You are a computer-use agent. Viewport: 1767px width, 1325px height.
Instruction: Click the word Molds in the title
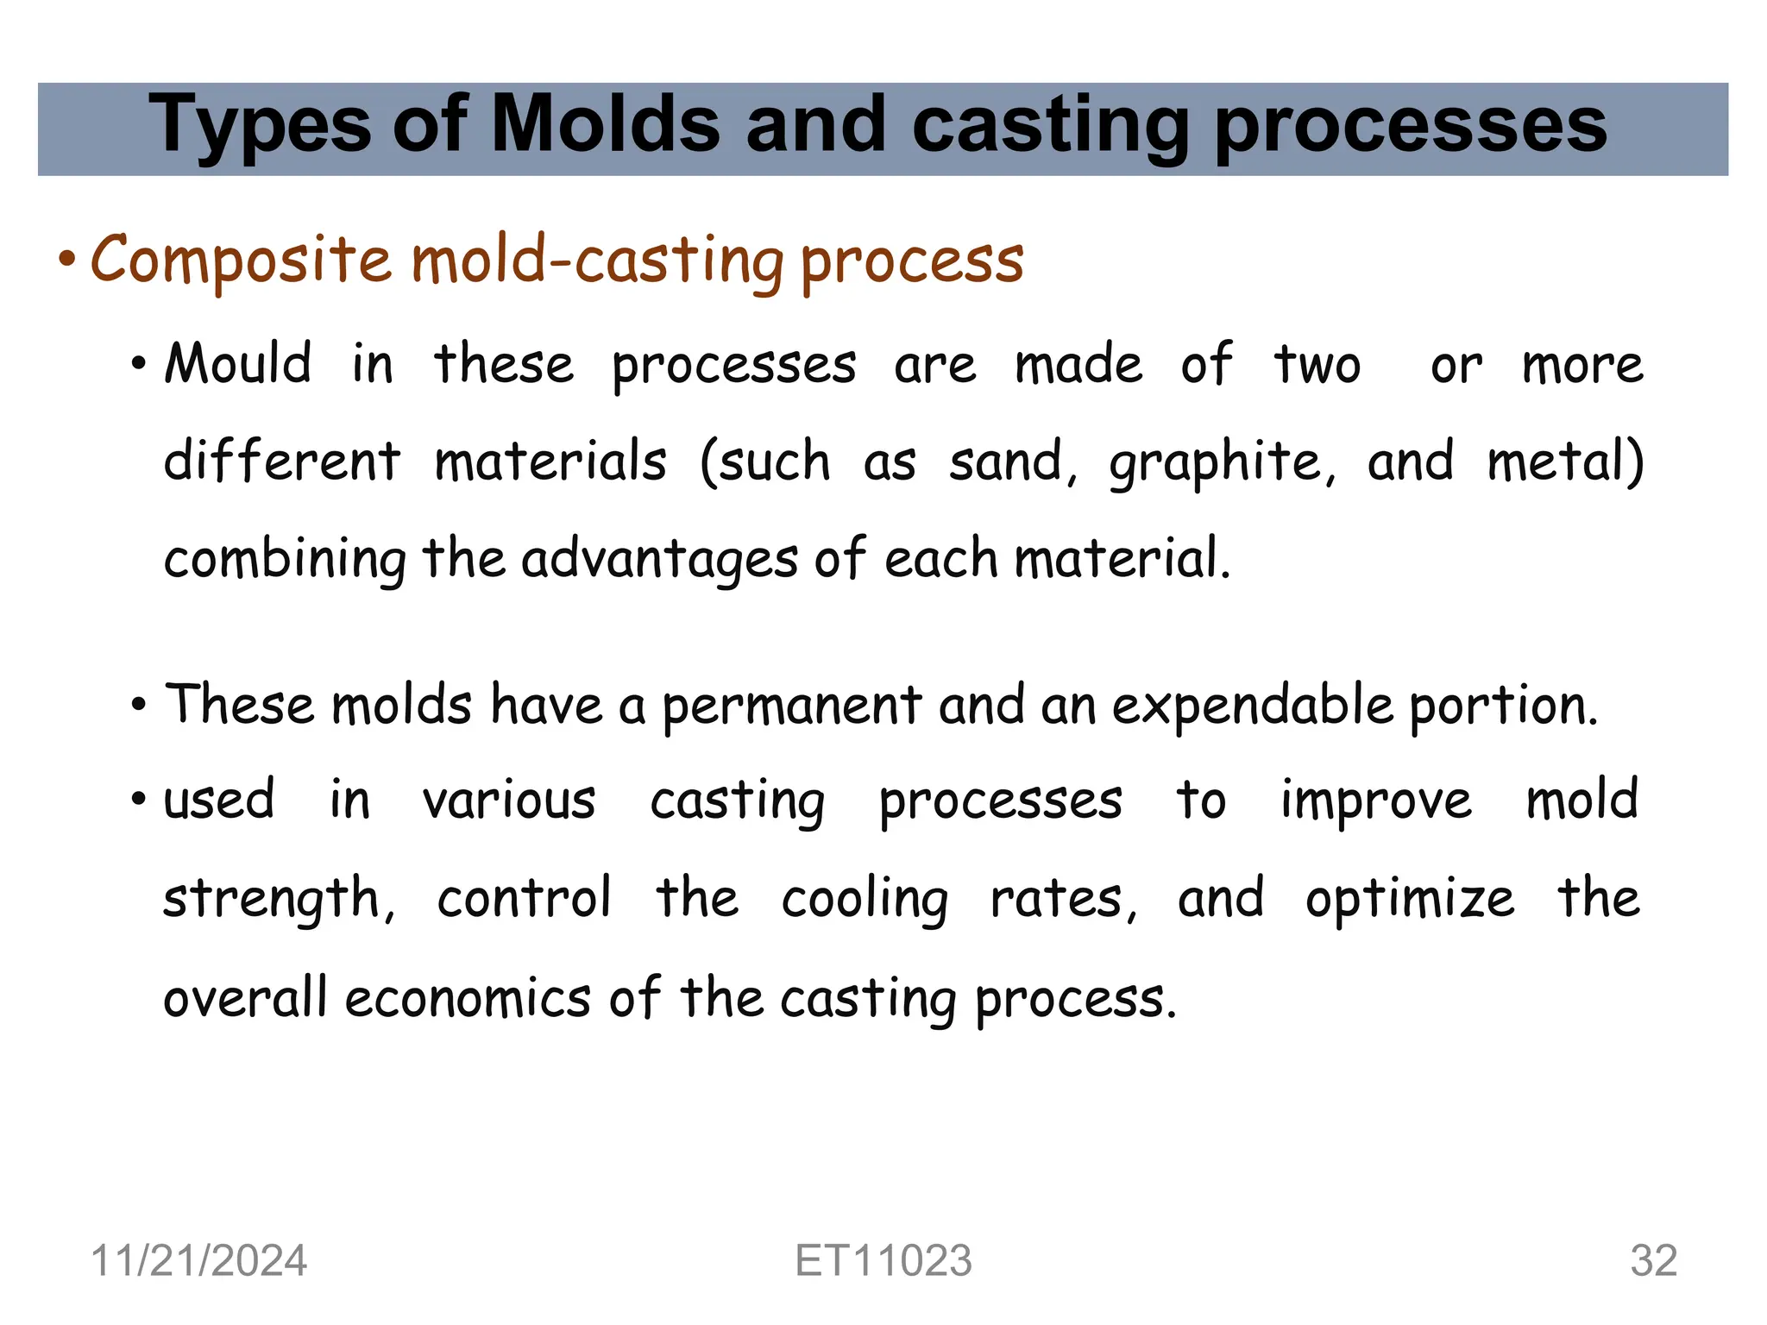click(604, 125)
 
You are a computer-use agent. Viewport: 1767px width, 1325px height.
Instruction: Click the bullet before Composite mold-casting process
click(67, 260)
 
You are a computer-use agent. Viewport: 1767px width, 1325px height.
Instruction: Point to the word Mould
click(238, 363)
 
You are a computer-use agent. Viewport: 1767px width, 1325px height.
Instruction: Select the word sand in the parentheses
click(1012, 462)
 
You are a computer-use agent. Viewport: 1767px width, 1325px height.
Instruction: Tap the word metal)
click(1565, 462)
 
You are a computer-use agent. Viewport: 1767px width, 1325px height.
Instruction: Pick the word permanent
click(791, 706)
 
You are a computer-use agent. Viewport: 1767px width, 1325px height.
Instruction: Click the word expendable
click(1252, 706)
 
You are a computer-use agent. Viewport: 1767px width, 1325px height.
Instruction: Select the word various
click(509, 801)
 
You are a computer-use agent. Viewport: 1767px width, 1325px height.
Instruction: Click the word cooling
click(865, 900)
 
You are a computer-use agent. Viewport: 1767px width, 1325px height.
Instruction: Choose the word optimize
click(1409, 900)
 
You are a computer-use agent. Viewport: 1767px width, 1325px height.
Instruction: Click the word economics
click(468, 998)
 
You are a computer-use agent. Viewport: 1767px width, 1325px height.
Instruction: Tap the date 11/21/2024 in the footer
click(198, 1261)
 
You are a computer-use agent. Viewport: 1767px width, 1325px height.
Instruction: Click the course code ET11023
click(883, 1261)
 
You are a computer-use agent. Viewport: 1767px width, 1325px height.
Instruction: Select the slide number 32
click(1653, 1261)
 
